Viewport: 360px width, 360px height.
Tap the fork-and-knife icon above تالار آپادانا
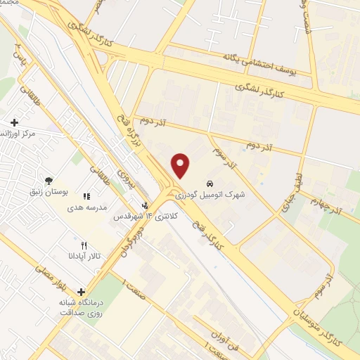[x=84, y=245]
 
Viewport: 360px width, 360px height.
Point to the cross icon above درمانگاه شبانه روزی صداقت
[x=82, y=292]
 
